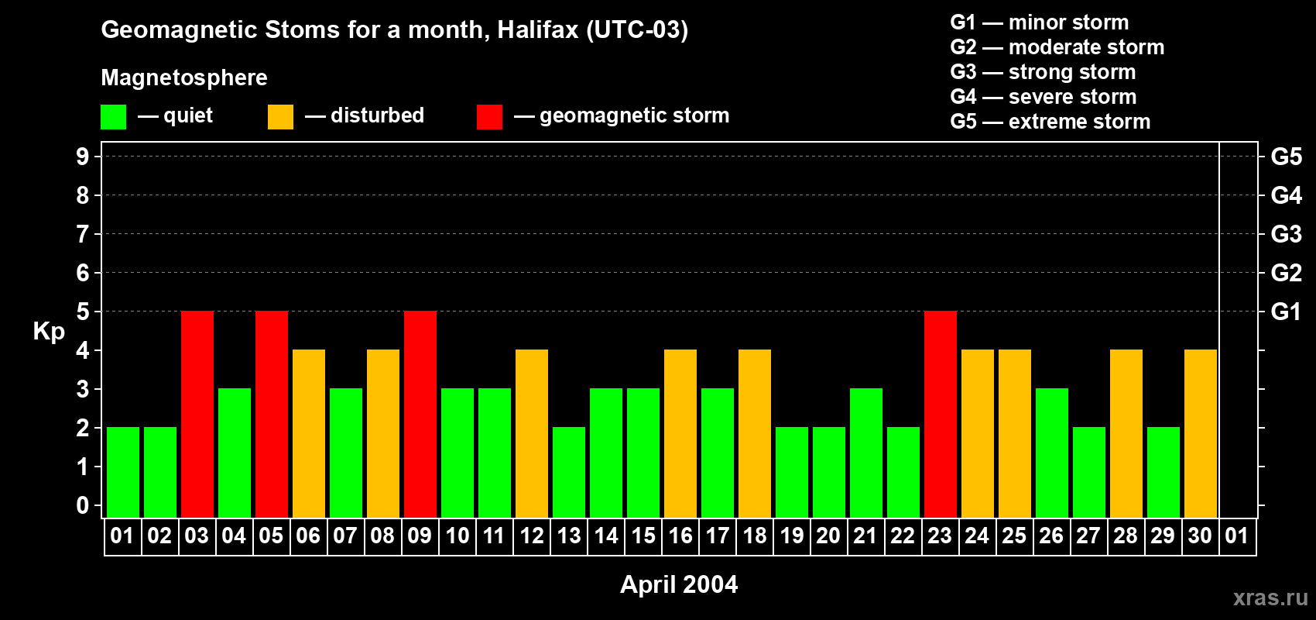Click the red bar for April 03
pos(197,414)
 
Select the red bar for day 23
pos(941,414)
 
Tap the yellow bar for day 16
pos(680,433)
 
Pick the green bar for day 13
pos(569,472)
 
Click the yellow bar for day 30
pos(1201,433)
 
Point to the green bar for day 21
pos(866,453)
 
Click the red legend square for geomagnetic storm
pos(490,116)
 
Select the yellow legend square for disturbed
pos(281,116)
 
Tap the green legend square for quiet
pos(113,116)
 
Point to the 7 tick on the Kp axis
pos(82,234)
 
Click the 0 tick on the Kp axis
pos(82,505)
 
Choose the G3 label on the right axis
pos(1287,234)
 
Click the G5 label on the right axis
pos(1287,157)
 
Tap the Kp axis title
pos(49,331)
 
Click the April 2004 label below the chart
pos(679,584)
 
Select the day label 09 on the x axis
pos(420,536)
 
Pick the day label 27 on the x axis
pos(1088,536)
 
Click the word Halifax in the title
pos(538,29)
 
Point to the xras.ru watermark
pos(1271,598)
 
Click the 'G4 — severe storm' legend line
pos(1044,96)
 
